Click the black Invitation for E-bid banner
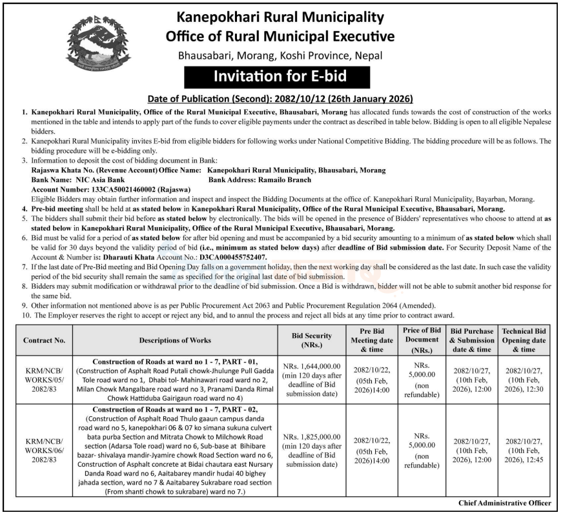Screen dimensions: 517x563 point(280,77)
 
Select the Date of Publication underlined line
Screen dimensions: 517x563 point(280,99)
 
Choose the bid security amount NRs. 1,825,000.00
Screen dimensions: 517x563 point(312,436)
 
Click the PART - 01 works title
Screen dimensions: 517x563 point(176,363)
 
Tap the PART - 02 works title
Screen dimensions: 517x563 point(176,410)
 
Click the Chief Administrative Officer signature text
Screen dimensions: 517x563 point(505,502)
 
